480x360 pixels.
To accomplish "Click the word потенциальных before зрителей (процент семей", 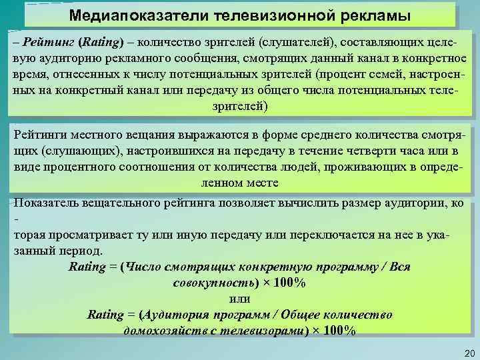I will coord(232,74).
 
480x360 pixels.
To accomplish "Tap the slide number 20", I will coord(467,352).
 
